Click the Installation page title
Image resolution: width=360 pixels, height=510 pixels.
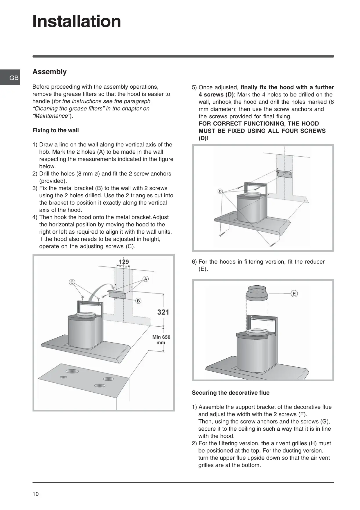pyautogui.click(x=77, y=22)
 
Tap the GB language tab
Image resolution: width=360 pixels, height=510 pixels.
pyautogui.click(x=14, y=78)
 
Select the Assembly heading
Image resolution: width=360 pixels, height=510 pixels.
pyautogui.click(x=49, y=72)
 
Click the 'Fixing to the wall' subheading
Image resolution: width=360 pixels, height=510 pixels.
pyautogui.click(x=55, y=130)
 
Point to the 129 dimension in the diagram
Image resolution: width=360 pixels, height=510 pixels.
pyautogui.click(x=124, y=262)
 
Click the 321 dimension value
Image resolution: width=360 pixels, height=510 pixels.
pyautogui.click(x=163, y=312)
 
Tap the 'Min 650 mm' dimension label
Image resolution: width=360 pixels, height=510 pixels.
pyautogui.click(x=161, y=340)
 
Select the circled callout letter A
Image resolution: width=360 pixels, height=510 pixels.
pyautogui.click(x=145, y=279)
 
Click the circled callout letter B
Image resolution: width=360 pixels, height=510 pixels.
pyautogui.click(x=138, y=301)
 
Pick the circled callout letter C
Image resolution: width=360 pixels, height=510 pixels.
pyautogui.click(x=72, y=282)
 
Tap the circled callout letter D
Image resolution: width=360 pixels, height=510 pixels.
pyautogui.click(x=220, y=191)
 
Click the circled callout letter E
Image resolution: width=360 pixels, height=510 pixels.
pyautogui.click(x=294, y=294)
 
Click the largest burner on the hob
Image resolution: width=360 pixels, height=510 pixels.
pyautogui.click(x=72, y=371)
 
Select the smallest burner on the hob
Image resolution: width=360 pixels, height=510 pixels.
pyautogui.click(x=63, y=377)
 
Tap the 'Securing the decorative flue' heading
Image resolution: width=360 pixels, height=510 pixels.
pyautogui.click(x=231, y=393)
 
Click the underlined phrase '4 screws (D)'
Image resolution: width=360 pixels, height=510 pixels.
pyautogui.click(x=216, y=95)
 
